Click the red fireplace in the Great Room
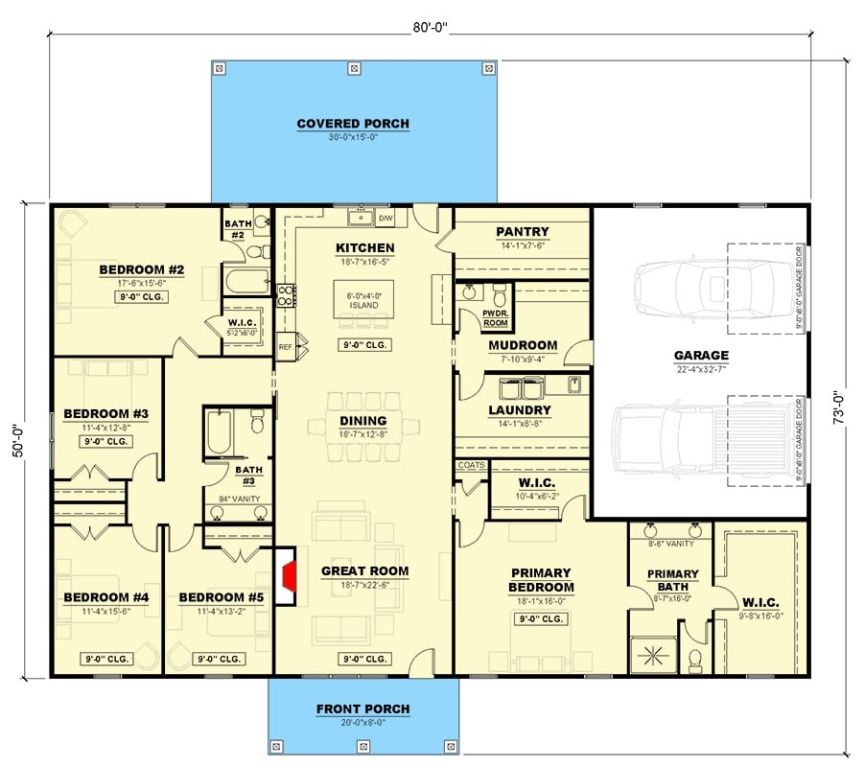287,577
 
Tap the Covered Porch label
352,124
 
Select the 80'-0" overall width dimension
429,29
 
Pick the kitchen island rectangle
364,299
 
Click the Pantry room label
522,231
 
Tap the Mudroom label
522,345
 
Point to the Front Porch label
362,709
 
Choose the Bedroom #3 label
105,414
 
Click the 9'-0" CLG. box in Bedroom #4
105,659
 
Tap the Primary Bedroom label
541,580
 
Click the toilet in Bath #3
256,423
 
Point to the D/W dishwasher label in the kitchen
386,219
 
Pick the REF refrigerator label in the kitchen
285,347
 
